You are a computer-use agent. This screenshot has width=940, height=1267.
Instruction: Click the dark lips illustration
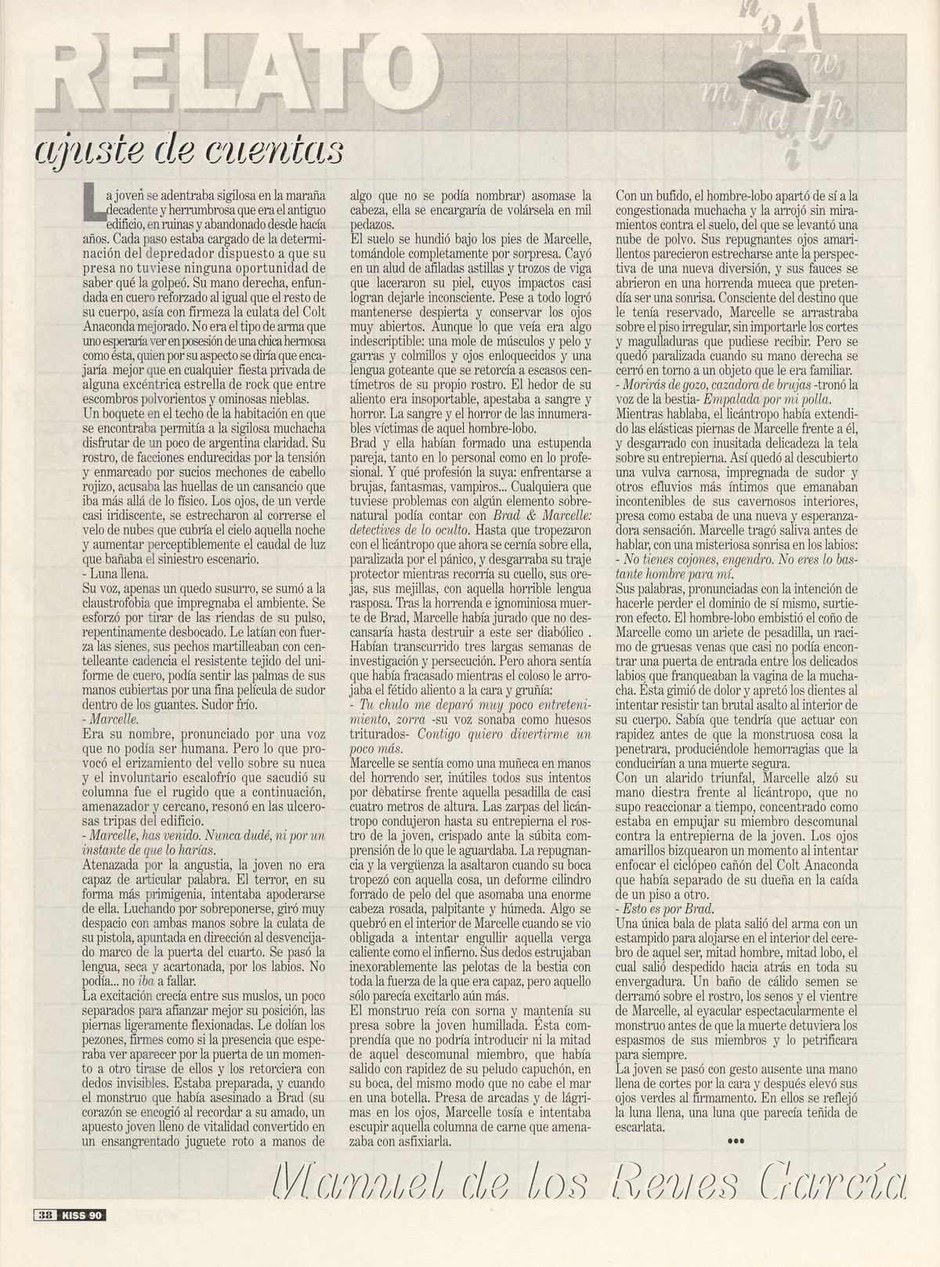pyautogui.click(x=783, y=74)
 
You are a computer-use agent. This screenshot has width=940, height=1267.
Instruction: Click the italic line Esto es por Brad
pyautogui.click(x=665, y=908)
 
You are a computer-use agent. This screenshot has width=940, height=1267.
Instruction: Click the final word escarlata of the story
pyautogui.click(x=642, y=1128)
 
